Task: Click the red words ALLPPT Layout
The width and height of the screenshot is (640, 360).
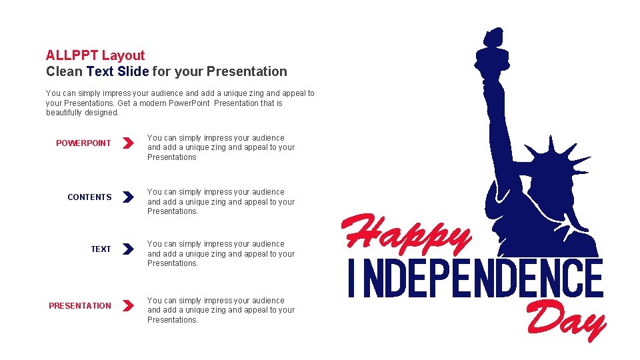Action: click(x=95, y=55)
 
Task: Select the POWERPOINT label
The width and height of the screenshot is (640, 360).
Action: click(x=83, y=143)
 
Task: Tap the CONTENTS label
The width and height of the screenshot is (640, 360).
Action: click(x=89, y=197)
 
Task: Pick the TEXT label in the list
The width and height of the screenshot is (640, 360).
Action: click(x=101, y=249)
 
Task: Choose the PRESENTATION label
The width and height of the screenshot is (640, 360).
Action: click(x=80, y=306)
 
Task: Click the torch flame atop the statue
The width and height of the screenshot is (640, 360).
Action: click(x=492, y=37)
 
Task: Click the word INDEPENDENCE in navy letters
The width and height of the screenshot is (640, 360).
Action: click(x=476, y=279)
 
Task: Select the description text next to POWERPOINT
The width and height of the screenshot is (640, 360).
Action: click(x=221, y=147)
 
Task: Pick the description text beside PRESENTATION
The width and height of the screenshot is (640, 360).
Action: click(x=221, y=310)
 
